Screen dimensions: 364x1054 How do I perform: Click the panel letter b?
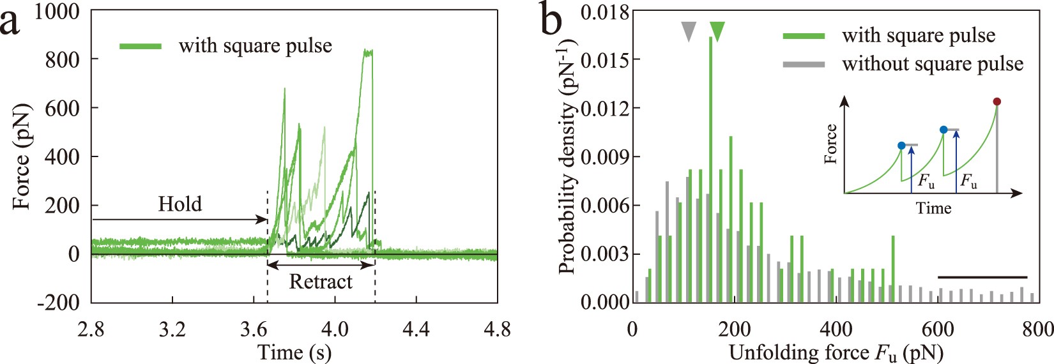[x=551, y=20]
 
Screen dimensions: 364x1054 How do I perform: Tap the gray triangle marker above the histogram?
[x=688, y=31]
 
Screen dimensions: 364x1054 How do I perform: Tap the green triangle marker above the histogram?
[x=717, y=31]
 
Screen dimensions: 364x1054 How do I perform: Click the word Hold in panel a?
[x=179, y=204]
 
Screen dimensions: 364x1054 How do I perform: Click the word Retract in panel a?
[x=321, y=282]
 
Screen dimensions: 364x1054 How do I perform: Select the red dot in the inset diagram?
[x=997, y=102]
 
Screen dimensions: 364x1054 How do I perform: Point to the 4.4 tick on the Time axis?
[x=416, y=330]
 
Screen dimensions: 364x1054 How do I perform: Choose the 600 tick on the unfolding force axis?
[x=938, y=330]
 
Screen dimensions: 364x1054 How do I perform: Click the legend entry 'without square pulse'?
[x=933, y=64]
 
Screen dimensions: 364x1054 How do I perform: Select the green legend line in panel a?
[x=141, y=46]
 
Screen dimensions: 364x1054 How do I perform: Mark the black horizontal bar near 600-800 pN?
[x=982, y=277]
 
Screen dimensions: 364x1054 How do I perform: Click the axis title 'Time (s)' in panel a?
[x=294, y=353]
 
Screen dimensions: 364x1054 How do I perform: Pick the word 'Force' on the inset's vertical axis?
[x=830, y=144]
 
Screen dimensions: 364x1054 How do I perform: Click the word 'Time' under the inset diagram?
[x=933, y=208]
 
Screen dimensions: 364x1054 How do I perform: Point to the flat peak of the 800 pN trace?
[x=368, y=52]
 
